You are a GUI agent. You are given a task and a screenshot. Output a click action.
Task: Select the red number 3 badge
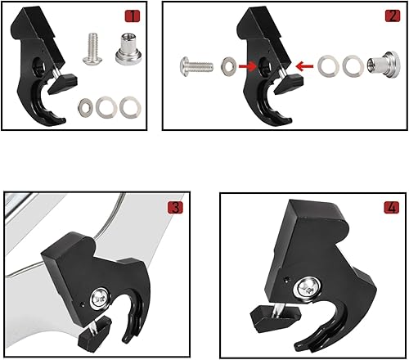coord(175,207)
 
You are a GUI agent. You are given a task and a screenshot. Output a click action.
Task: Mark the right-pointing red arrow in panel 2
coord(247,67)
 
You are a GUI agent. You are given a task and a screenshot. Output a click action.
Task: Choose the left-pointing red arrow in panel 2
coord(303,65)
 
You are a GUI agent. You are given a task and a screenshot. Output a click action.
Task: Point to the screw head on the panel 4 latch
coord(310,287)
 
